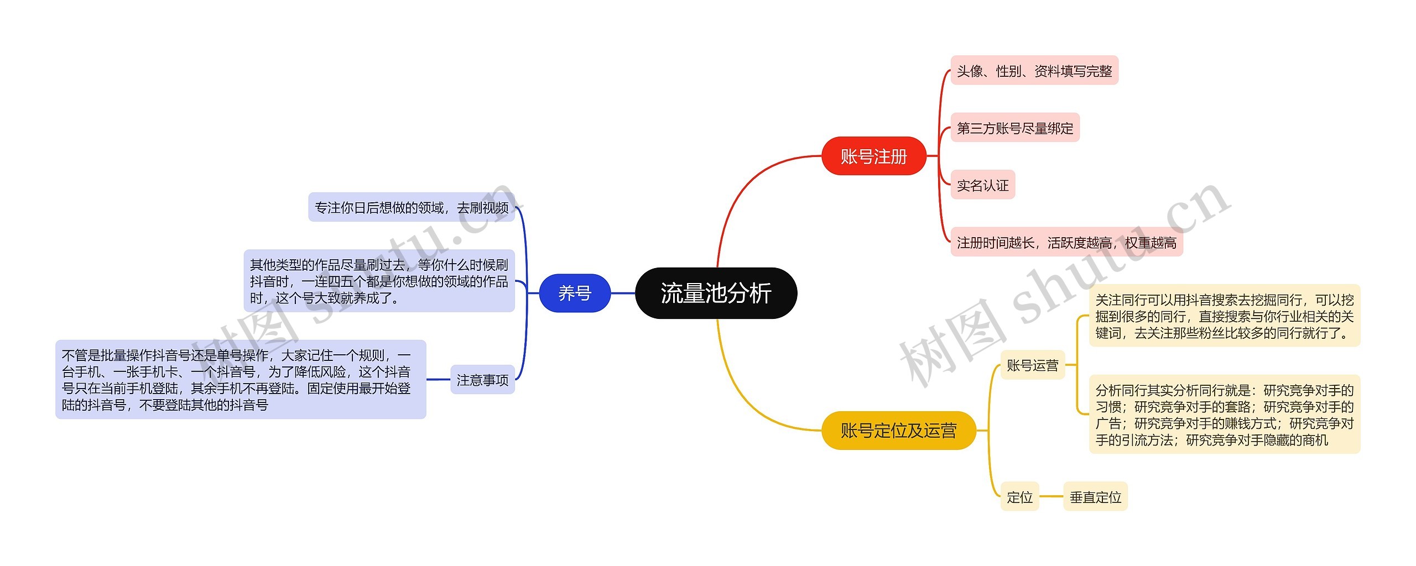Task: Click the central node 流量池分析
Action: coord(716,293)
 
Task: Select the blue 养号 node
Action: coord(574,293)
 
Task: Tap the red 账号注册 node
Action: coord(873,156)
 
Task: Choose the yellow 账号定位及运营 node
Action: coord(898,430)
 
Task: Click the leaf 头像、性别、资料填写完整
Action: coord(1034,71)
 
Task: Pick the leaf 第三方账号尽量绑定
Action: coord(1014,128)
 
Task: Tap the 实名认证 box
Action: coord(982,185)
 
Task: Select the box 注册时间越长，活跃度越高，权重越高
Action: coord(1066,242)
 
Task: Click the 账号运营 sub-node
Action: coord(1032,365)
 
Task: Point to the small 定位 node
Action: coord(1019,497)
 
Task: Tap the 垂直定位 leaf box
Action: coord(1095,497)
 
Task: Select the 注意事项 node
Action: coord(482,380)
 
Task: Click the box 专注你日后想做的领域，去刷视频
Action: coord(411,207)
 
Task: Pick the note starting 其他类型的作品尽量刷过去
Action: coord(379,281)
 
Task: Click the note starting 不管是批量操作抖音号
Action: coord(241,380)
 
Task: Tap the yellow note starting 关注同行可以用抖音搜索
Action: coord(1224,316)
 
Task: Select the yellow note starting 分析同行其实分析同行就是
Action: coord(1224,415)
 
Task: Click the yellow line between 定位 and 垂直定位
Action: coord(1051,497)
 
